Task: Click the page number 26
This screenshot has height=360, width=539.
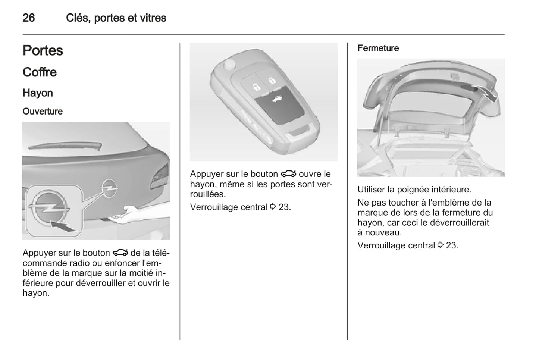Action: pos(29,18)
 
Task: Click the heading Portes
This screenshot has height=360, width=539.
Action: pos(43,50)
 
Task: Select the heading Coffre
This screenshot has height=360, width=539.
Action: pos(40,72)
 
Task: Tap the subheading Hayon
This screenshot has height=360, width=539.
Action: pos(38,93)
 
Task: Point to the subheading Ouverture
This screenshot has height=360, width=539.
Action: pos(43,112)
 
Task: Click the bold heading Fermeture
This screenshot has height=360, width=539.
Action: pos(378,48)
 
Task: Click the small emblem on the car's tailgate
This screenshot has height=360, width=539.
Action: pos(109,188)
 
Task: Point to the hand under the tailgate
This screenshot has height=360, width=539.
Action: pos(125,214)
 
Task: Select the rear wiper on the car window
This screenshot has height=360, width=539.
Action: pos(65,145)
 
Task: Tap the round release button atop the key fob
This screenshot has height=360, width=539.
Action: pos(229,64)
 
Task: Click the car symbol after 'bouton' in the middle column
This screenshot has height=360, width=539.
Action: pos(288,174)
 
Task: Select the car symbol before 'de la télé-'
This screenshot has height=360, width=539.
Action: pos(120,253)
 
